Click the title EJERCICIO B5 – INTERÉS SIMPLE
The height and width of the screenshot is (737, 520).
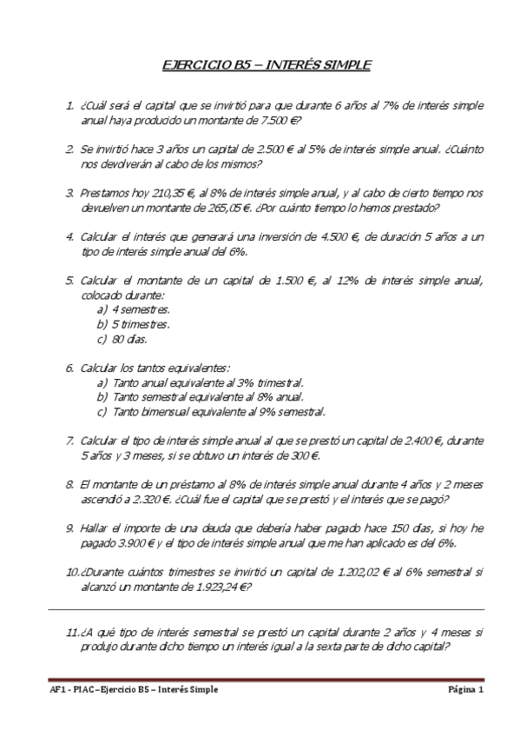click(267, 64)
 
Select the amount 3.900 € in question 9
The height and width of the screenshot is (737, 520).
click(130, 543)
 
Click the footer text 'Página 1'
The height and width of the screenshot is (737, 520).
click(466, 689)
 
